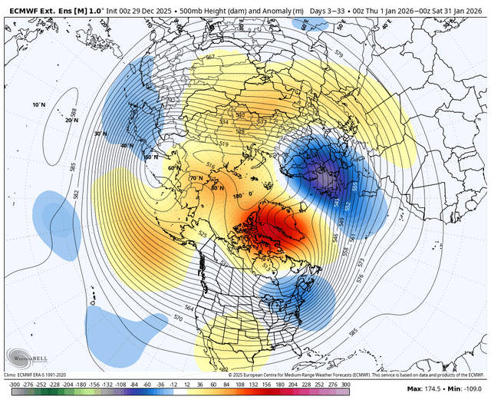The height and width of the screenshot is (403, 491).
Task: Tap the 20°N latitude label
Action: tap(51, 121)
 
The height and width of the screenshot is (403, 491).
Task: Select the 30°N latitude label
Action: tap(98, 134)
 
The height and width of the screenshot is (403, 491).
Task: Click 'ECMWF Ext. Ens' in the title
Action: tap(35, 5)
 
